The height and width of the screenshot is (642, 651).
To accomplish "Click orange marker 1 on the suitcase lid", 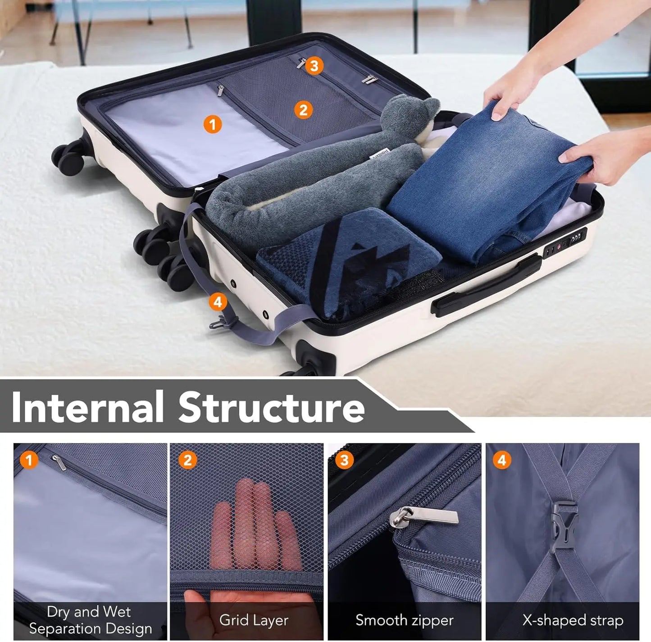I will [212, 124].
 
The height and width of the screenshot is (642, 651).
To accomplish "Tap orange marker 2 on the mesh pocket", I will [303, 109].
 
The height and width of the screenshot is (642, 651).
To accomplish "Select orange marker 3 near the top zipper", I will [314, 66].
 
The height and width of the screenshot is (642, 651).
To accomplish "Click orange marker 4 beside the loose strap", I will [218, 302].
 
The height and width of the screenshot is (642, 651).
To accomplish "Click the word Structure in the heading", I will [271, 407].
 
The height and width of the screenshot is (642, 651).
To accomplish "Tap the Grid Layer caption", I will [254, 620].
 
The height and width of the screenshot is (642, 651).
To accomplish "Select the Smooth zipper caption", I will [404, 620].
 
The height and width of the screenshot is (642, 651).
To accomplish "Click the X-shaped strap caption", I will [573, 620].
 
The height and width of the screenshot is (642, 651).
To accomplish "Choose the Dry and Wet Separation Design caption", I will [90, 620].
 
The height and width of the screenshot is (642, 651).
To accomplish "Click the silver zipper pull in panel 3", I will [423, 516].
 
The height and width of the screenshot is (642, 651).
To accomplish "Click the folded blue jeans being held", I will [487, 184].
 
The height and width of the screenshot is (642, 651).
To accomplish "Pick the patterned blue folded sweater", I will [347, 261].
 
